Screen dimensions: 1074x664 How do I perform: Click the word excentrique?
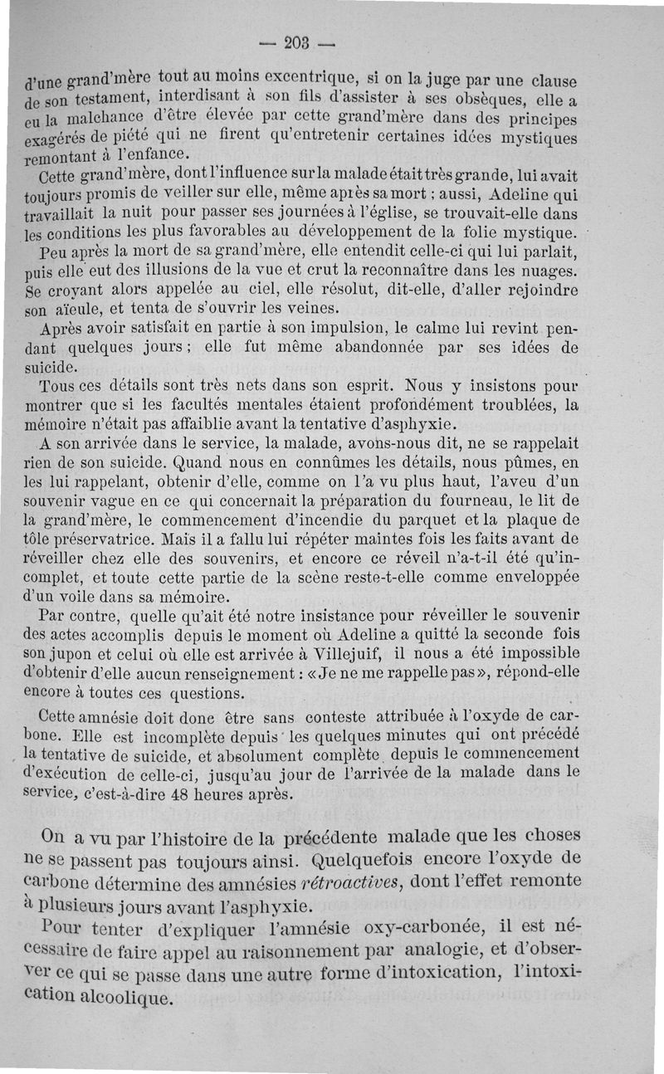coord(310,78)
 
